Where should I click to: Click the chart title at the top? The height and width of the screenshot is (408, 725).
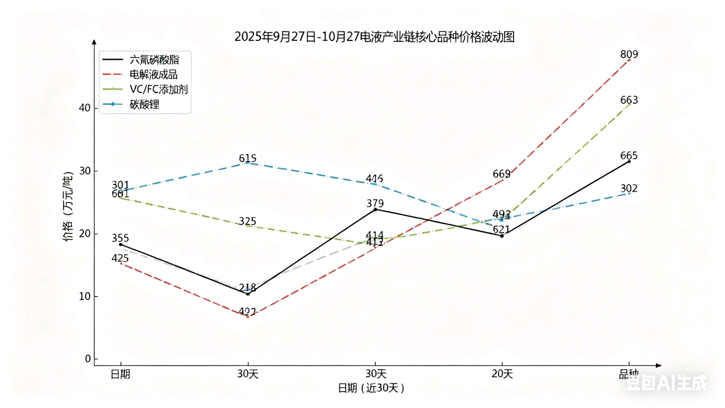pyautogui.click(x=374, y=37)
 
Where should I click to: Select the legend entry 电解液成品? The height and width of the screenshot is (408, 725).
pyautogui.click(x=153, y=74)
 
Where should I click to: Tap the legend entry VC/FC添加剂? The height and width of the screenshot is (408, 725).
pyautogui.click(x=158, y=89)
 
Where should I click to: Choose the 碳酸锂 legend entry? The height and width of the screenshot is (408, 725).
pyautogui.click(x=144, y=104)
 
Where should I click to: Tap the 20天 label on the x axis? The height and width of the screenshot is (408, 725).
pyautogui.click(x=502, y=374)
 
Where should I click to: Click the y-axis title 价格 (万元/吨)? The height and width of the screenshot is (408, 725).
pyautogui.click(x=69, y=207)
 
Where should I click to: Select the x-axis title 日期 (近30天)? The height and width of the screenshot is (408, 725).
pyautogui.click(x=371, y=388)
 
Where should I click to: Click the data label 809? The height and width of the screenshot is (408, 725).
pyautogui.click(x=629, y=54)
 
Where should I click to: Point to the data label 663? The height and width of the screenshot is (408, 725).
pyautogui.click(x=629, y=101)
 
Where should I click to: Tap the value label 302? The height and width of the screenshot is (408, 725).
pyautogui.click(x=629, y=188)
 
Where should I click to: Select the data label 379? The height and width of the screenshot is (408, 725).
pyautogui.click(x=375, y=203)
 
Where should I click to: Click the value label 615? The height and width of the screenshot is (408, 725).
pyautogui.click(x=248, y=158)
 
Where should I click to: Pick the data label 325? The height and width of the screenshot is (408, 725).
pyautogui.click(x=248, y=221)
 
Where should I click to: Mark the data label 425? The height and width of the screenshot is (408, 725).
pyautogui.click(x=120, y=259)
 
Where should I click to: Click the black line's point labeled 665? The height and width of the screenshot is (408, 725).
pyautogui.click(x=629, y=161)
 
